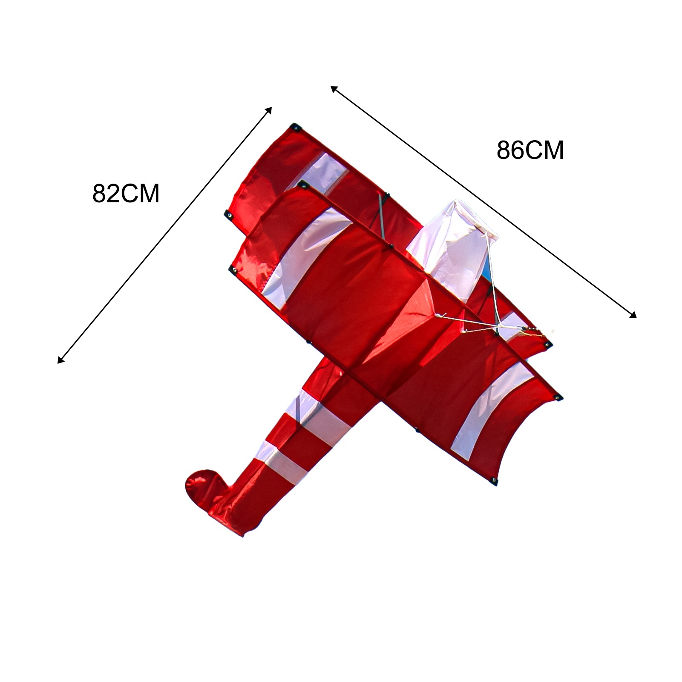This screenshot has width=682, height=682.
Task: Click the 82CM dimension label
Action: [126, 194]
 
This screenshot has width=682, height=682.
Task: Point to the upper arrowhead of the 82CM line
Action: [268, 110]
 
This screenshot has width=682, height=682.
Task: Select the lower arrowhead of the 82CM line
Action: [60, 360]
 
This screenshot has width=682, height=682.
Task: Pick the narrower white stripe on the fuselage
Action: [281, 462]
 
